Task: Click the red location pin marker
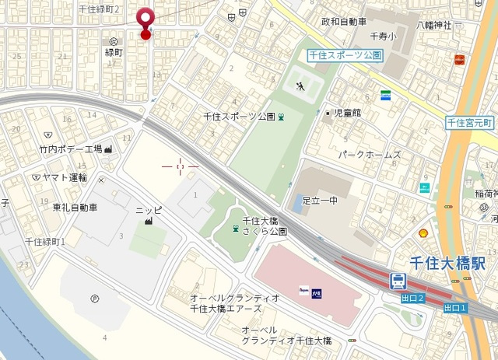tap(145, 20)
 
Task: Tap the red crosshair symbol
tap(181, 166)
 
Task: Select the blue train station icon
tap(398, 281)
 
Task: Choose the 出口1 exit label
tap(455, 309)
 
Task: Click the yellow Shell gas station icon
tap(424, 232)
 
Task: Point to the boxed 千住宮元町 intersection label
tap(470, 123)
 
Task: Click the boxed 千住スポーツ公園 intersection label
tap(344, 55)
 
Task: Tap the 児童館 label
tap(347, 114)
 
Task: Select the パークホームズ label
tap(369, 155)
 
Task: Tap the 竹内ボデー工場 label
tap(71, 149)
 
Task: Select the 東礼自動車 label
tap(75, 208)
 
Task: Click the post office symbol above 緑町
tap(114, 41)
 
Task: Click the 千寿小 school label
tap(383, 36)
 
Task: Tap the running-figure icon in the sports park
tap(300, 87)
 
